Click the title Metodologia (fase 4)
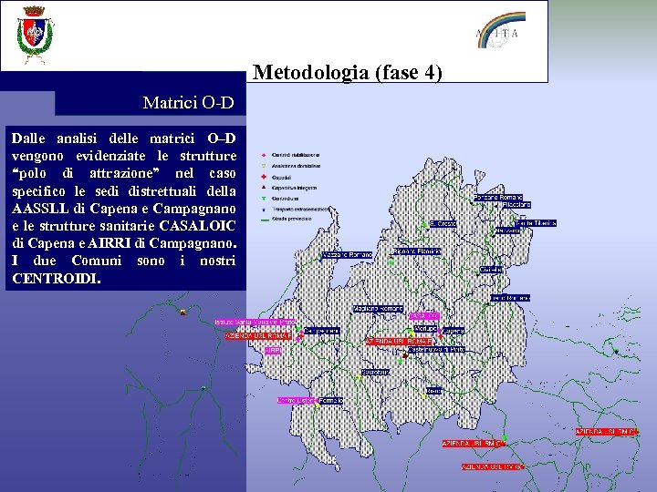pos(348,71)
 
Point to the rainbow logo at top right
pos(501,28)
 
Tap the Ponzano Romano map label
pos(498,197)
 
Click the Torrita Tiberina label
pos(535,222)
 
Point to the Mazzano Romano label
pos(347,254)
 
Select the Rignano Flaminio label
pos(417,251)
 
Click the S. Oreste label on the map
pos(444,222)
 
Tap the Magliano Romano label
pos(379,308)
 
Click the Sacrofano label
pos(375,372)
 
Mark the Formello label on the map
pos(331,400)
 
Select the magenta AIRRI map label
pos(273,349)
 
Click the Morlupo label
pos(425,328)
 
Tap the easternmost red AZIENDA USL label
pos(605,431)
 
